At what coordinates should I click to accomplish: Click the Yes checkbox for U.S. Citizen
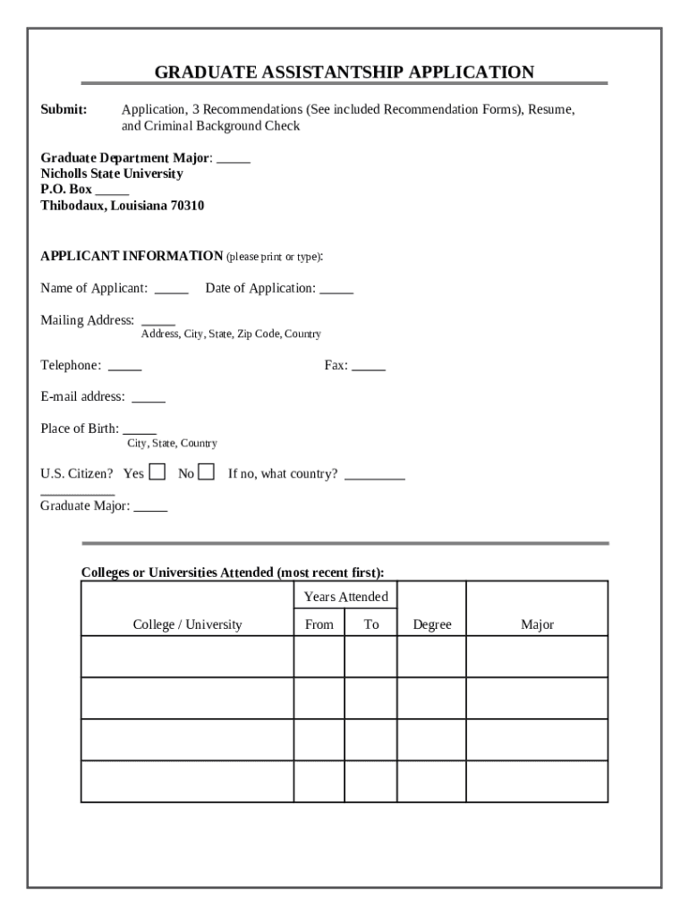tap(157, 472)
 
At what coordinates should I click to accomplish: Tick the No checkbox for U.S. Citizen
tap(206, 472)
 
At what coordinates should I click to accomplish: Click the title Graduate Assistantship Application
tap(344, 72)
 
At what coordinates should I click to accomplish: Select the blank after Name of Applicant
tap(171, 290)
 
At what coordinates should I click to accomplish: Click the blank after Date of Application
tap(336, 290)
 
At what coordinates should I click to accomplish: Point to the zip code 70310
tap(188, 206)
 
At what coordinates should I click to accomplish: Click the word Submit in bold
tap(64, 110)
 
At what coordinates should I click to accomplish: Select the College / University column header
tap(187, 625)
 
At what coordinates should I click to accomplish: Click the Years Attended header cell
tap(345, 597)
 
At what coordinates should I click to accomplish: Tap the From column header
tap(319, 625)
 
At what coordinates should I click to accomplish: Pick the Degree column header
tap(431, 625)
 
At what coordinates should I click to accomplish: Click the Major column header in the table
tap(537, 625)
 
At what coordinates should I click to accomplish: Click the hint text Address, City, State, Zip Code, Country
tap(231, 334)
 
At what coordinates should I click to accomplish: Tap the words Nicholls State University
tap(112, 174)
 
